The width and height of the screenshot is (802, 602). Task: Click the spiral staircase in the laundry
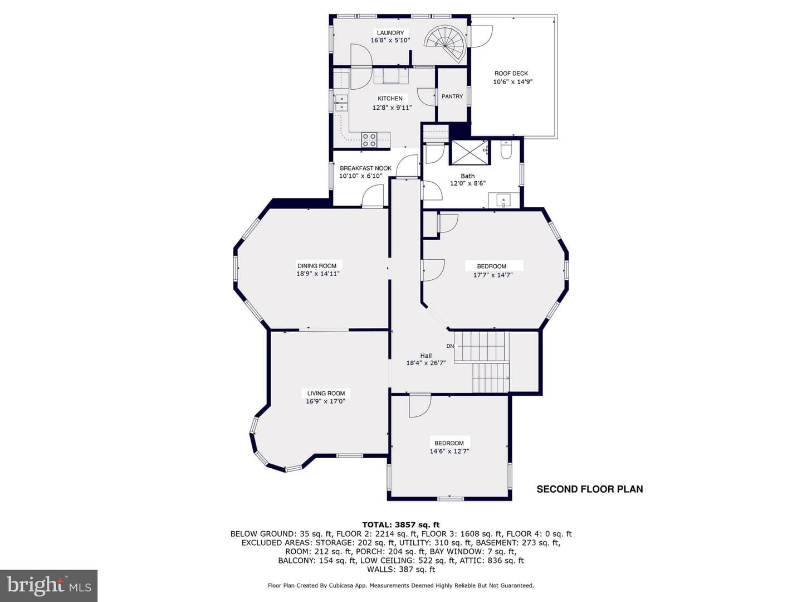pyautogui.click(x=445, y=43)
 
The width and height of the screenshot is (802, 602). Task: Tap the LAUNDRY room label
pyautogui.click(x=390, y=33)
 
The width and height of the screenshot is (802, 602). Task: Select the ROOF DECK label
pyautogui.click(x=511, y=74)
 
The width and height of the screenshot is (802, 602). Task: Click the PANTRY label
pyautogui.click(x=452, y=96)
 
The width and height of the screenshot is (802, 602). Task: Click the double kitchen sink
pyautogui.click(x=86, y=103)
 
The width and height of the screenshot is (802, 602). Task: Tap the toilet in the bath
pyautogui.click(x=506, y=150)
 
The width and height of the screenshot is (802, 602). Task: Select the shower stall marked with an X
pyautogui.click(x=470, y=152)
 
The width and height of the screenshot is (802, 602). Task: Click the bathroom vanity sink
pyautogui.click(x=503, y=200)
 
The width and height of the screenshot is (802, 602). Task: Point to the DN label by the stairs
pyautogui.click(x=450, y=346)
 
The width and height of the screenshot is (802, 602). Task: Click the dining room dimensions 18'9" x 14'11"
pyautogui.click(x=318, y=273)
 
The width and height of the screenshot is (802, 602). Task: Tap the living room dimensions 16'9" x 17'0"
pyautogui.click(x=326, y=401)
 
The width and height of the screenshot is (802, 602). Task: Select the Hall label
pyautogui.click(x=426, y=355)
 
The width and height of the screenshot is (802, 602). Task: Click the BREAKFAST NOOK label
pyautogui.click(x=365, y=168)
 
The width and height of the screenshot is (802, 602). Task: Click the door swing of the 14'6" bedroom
pyautogui.click(x=420, y=406)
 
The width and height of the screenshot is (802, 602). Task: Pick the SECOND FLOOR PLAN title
pyautogui.click(x=589, y=489)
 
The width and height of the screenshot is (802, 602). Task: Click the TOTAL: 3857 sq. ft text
pyautogui.click(x=401, y=525)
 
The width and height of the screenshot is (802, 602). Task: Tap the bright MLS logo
pyautogui.click(x=48, y=585)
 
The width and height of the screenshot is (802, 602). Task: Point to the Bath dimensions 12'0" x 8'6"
pyautogui.click(x=468, y=183)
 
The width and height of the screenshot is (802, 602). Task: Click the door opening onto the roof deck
pyautogui.click(x=481, y=36)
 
